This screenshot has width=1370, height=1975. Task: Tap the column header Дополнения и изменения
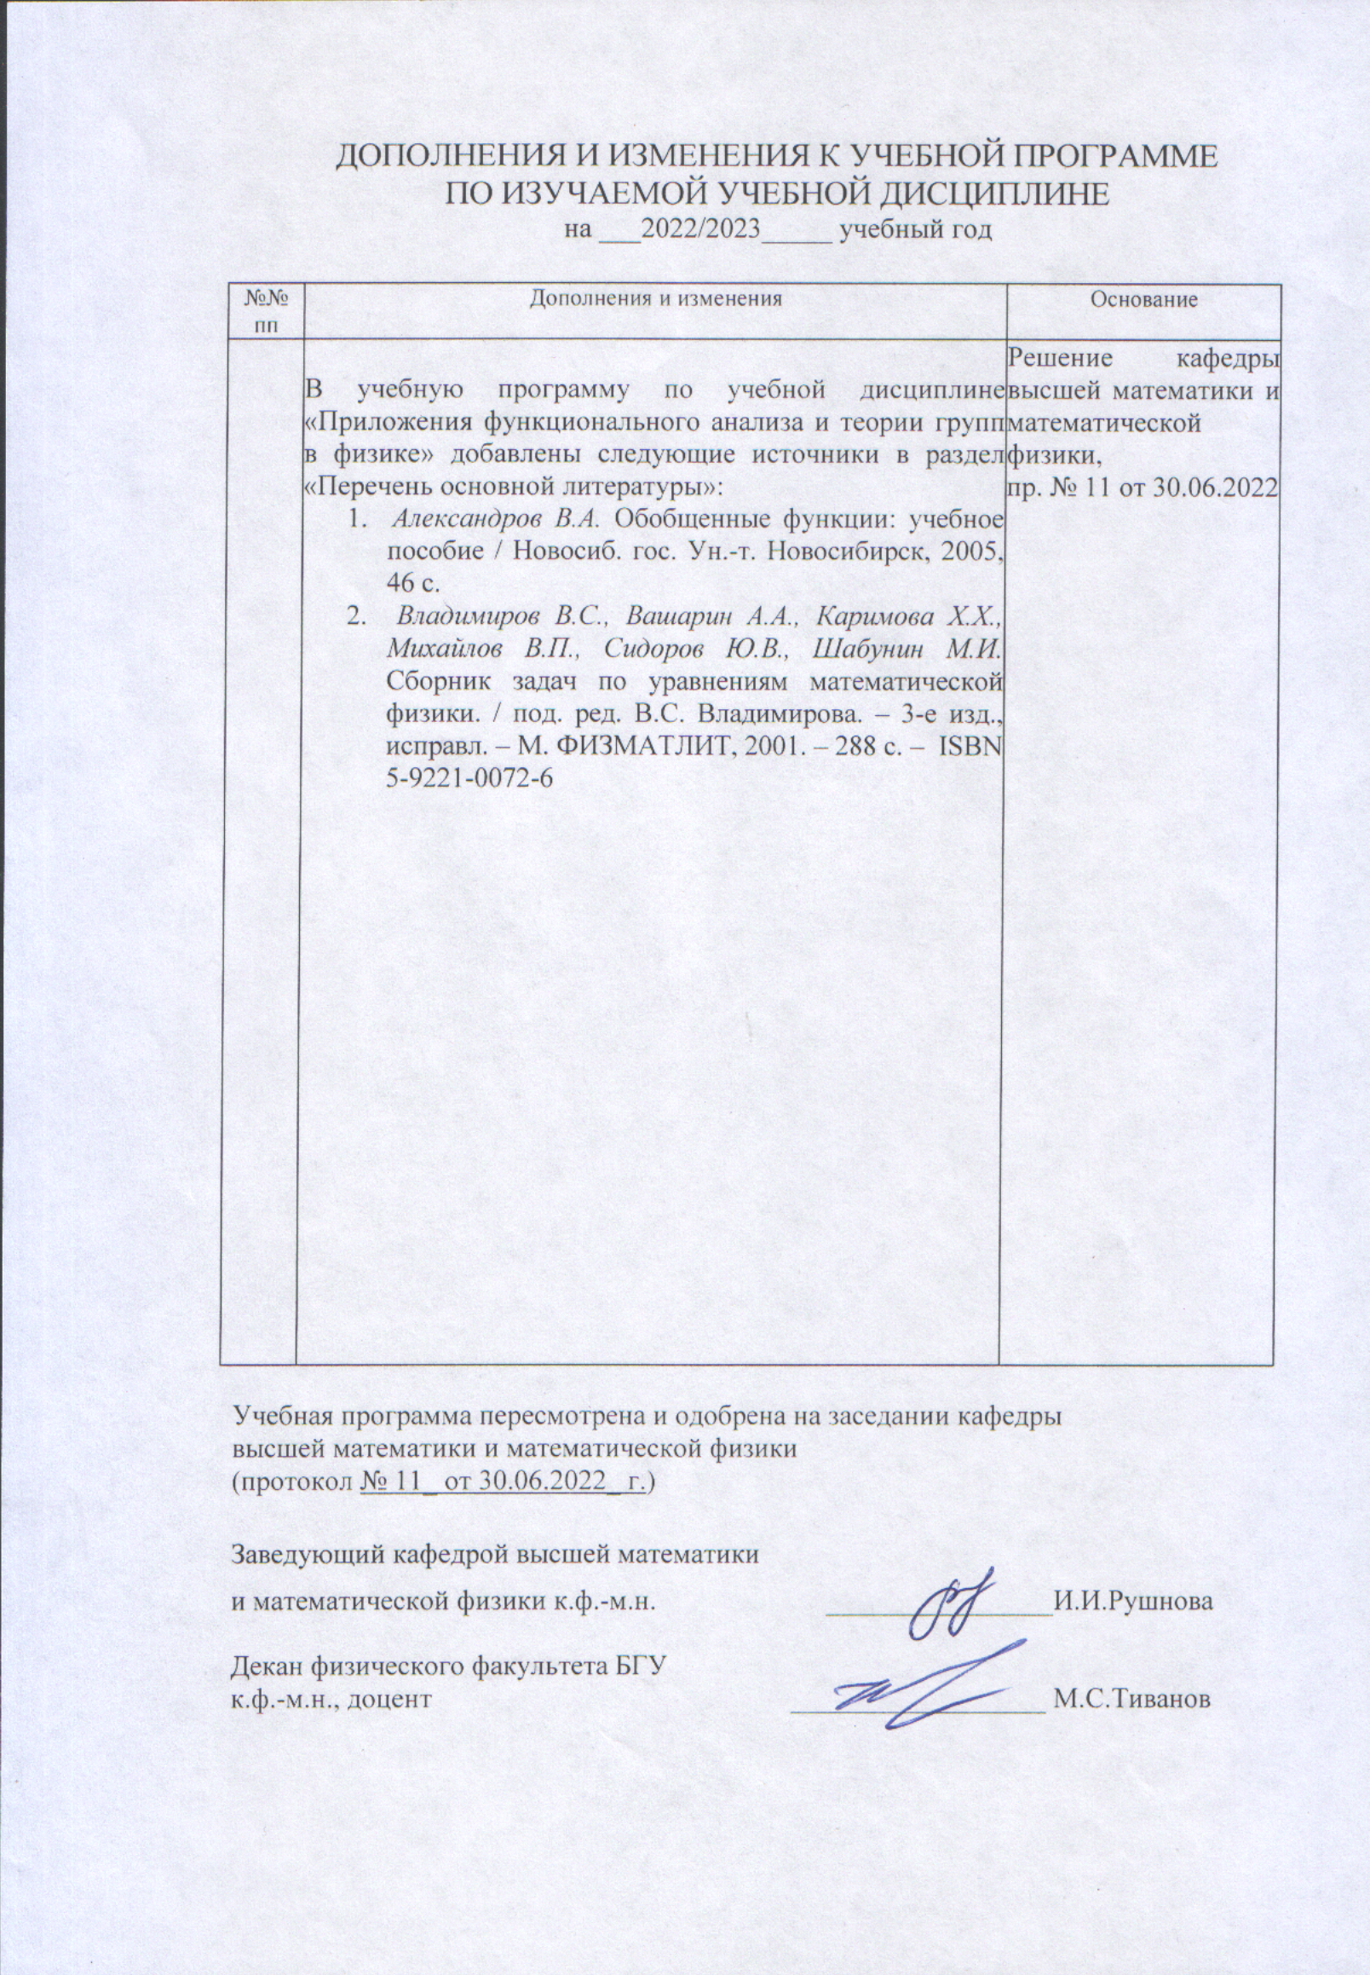656,298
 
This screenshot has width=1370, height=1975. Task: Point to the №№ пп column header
265,311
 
